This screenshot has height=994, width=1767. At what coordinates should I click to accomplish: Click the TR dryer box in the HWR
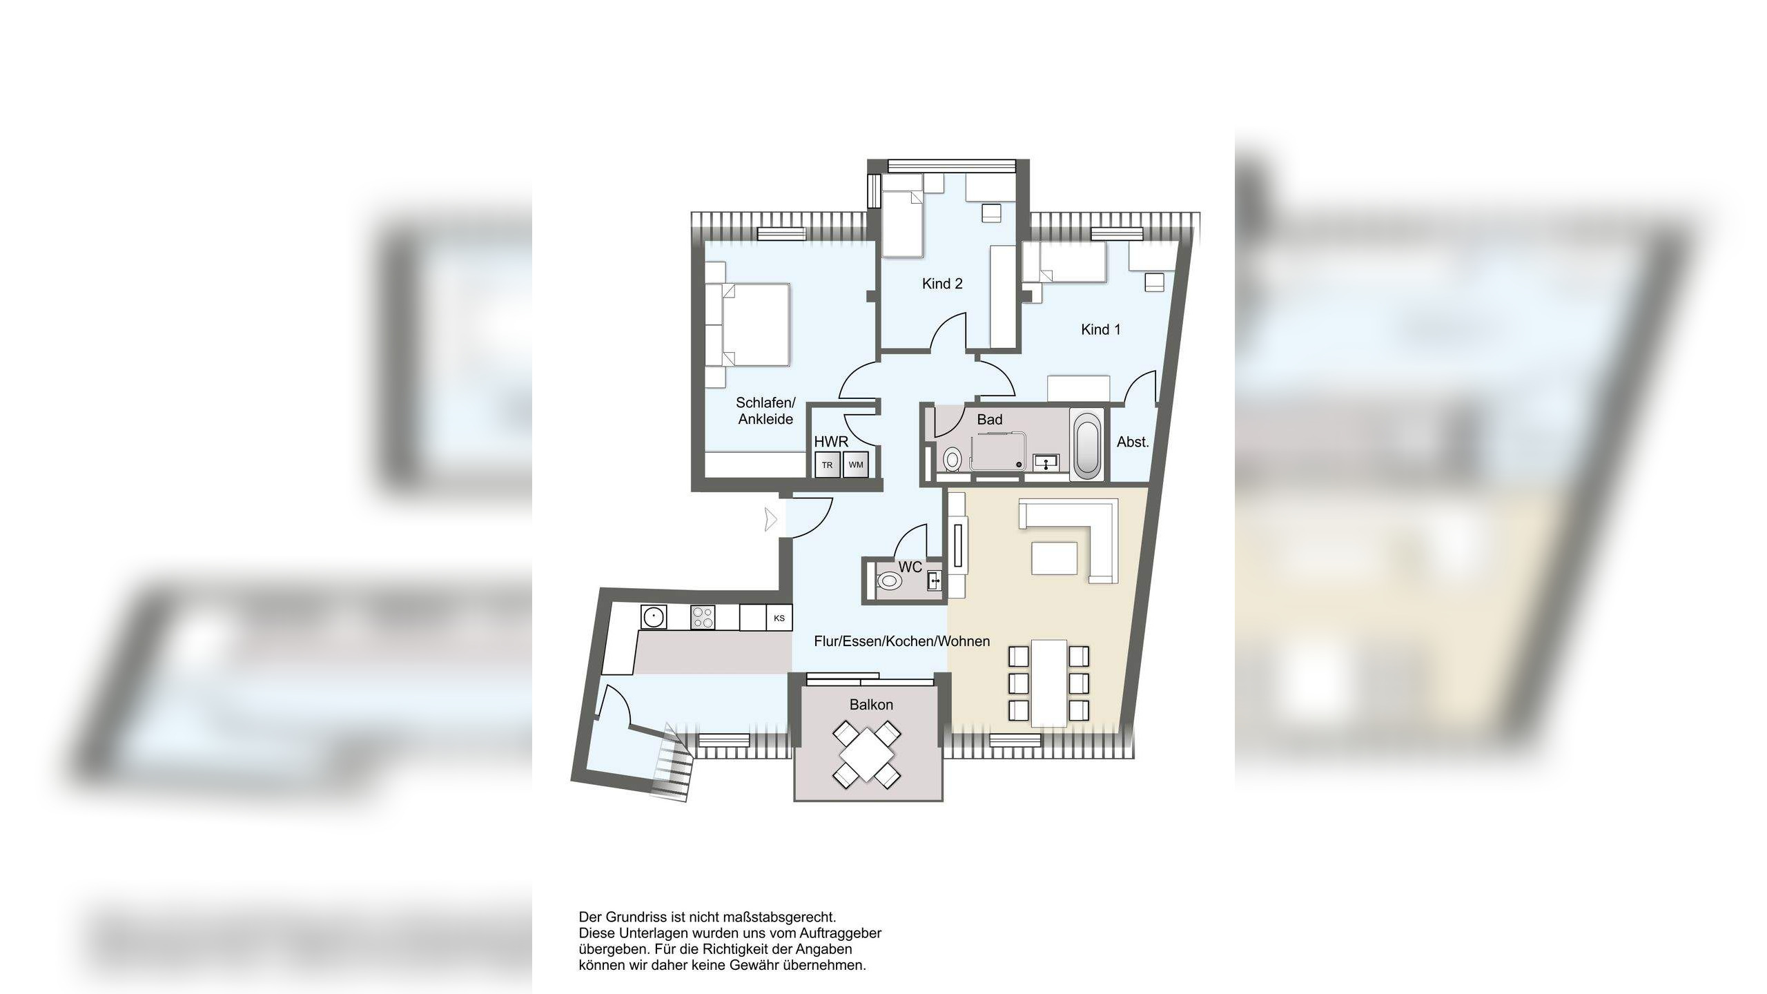pos(827,465)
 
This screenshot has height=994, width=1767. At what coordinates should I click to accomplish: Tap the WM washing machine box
pos(856,465)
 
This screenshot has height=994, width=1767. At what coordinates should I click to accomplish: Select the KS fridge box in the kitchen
pos(779,618)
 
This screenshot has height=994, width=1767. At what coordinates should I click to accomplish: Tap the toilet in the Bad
pos(953,459)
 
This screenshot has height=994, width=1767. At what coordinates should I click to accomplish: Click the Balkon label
pos(871,705)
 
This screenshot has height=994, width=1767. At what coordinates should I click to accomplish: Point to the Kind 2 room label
pos(942,284)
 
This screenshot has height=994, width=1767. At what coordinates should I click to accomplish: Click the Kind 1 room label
pos(1100,330)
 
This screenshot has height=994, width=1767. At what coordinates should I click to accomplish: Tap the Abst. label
pos(1133,442)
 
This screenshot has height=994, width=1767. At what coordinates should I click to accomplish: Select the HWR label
pos(831,442)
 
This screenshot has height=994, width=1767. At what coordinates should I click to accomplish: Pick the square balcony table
pos(866,754)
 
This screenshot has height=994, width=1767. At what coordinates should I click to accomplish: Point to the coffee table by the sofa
pos(1054,558)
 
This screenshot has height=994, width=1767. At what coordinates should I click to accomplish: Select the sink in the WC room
pos(935,581)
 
